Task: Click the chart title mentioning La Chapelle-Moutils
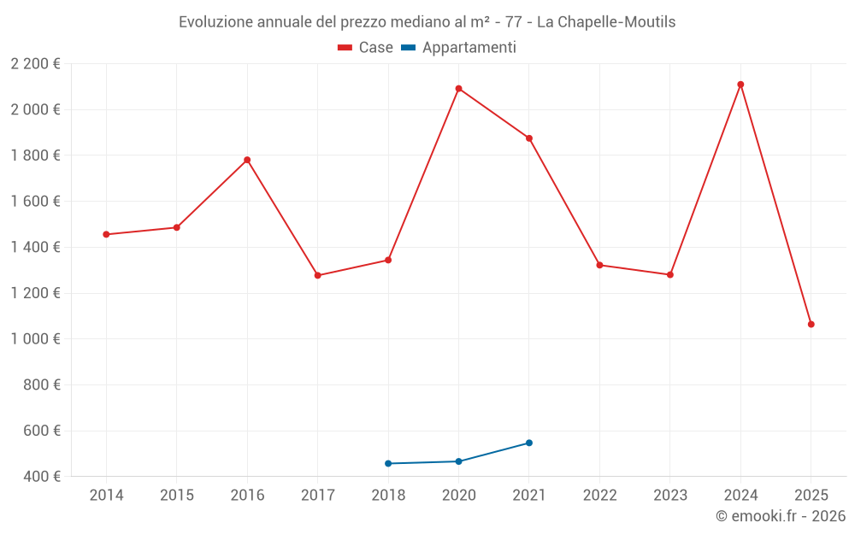[427, 22]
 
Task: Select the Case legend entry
[365, 48]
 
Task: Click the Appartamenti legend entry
[458, 48]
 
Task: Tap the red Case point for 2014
[106, 234]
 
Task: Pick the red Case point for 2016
[247, 160]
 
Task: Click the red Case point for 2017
[318, 275]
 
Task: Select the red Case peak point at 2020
[459, 89]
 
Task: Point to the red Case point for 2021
[529, 138]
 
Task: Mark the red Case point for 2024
[740, 85]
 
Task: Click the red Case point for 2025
[811, 325]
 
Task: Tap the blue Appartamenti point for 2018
[388, 463]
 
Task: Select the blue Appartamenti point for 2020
[459, 461]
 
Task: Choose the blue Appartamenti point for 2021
[529, 443]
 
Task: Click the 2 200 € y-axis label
[35, 64]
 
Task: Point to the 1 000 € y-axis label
[35, 339]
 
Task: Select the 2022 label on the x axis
[599, 496]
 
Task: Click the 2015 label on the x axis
[177, 496]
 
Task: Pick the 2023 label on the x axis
[670, 496]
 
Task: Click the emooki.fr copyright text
[781, 516]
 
